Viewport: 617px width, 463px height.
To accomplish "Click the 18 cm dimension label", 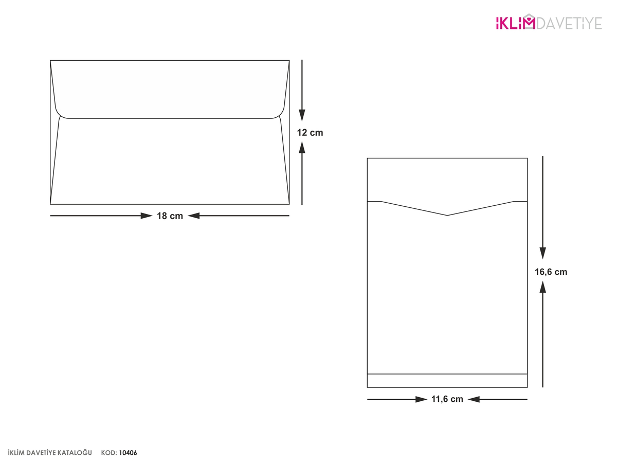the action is tap(170, 216).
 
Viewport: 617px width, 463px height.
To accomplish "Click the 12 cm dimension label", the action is tap(310, 133).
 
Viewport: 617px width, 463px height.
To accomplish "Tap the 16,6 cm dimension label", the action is tap(551, 272).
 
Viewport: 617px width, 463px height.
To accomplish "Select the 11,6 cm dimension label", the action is tap(447, 399).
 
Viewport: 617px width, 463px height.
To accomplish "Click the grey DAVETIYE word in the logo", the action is tap(569, 23).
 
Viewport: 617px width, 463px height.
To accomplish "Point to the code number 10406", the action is tap(128, 453).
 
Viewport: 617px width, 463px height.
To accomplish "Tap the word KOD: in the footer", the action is tap(109, 453).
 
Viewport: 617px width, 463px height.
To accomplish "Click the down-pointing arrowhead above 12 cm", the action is tap(302, 116).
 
